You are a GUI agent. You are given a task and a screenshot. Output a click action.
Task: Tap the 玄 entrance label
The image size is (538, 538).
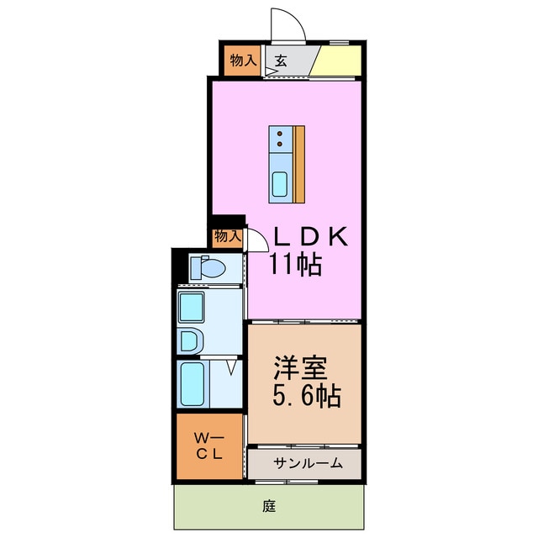coord(280,60)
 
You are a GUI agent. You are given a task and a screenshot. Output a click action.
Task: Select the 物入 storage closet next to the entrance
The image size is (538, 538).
coord(242,60)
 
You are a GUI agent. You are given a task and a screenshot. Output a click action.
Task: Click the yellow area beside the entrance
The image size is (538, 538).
coord(340,60)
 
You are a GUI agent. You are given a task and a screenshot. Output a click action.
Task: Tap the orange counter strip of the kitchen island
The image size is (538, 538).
coord(299,163)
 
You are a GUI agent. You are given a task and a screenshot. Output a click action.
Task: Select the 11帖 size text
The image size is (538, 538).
coord(295,266)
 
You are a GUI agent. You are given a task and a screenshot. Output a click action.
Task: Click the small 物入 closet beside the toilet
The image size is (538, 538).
coord(227,236)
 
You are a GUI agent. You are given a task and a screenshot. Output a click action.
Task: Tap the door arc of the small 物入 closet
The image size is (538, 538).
coord(255,240)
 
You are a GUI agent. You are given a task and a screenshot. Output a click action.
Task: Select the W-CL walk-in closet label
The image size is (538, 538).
coord(208,445)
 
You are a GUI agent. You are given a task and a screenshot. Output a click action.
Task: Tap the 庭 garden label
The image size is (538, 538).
coord(269,507)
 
